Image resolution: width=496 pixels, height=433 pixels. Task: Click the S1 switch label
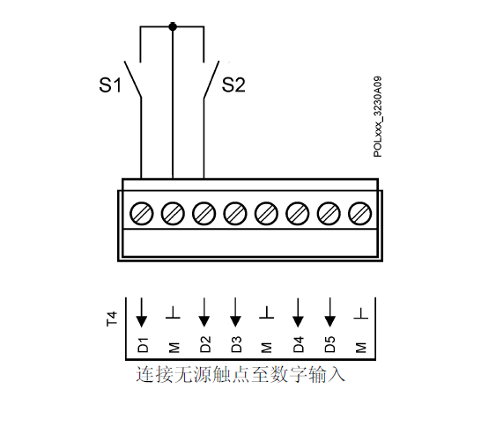(110, 85)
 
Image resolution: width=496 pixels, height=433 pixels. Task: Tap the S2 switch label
(233, 84)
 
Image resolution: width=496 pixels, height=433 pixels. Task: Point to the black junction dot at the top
(173, 27)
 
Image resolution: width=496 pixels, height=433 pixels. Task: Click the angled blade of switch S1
(132, 79)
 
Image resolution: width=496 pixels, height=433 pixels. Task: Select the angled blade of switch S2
(211, 79)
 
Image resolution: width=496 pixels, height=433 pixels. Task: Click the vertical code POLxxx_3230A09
(377, 117)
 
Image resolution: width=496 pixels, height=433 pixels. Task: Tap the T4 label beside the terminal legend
(112, 319)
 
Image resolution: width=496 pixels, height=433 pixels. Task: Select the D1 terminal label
(143, 345)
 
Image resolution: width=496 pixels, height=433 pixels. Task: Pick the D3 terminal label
(236, 344)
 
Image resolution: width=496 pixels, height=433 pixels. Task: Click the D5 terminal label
(329, 344)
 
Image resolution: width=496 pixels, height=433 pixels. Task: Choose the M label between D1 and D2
(174, 347)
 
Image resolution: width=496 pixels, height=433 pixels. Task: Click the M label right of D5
(360, 347)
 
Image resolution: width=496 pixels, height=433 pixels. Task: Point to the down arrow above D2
(204, 312)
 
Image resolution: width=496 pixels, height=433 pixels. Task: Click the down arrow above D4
(298, 312)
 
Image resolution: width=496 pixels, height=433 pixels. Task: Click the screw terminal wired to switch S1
(141, 214)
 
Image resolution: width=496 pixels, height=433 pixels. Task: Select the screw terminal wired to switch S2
(204, 214)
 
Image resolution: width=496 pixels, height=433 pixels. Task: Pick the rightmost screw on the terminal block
(359, 214)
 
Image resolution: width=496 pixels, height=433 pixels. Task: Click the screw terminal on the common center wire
(173, 214)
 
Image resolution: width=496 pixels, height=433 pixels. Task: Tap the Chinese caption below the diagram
(241, 375)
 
